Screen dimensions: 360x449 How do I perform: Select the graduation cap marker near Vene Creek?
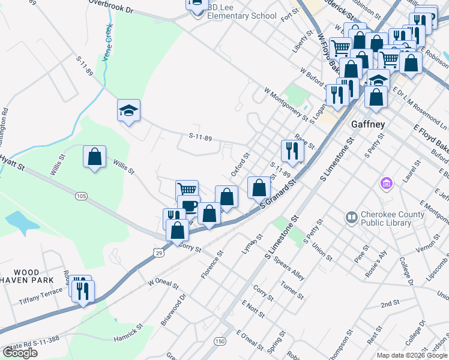[x=128, y=110]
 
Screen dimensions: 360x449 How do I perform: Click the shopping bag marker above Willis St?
[x=95, y=157]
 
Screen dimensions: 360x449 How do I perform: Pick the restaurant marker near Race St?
[x=292, y=151]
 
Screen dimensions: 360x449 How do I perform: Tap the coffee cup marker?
[x=189, y=206]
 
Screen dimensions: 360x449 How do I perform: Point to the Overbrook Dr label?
[x=110, y=6]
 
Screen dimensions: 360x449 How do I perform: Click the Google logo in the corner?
[x=20, y=353]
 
